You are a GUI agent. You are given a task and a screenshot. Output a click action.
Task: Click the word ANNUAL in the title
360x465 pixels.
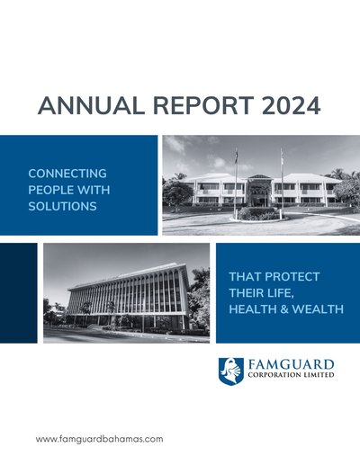coord(91,105)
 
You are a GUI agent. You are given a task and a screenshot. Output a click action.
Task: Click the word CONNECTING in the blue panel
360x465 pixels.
coord(67,174)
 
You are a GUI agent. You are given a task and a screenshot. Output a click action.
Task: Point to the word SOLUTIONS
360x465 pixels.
coord(62,206)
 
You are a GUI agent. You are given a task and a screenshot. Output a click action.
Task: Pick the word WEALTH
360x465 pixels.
coord(318,309)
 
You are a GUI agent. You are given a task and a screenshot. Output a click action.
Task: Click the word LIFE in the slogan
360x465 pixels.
coord(278,293)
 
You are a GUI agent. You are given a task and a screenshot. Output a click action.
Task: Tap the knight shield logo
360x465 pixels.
coord(231,371)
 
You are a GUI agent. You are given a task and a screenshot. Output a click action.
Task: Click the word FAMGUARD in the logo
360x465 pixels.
coord(291,365)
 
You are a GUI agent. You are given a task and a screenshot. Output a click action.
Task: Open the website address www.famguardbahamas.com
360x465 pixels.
coord(100,439)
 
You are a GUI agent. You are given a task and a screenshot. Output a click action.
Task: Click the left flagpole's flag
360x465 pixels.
coord(237,156)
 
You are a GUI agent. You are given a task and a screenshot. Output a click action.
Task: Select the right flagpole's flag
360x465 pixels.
coord(282,155)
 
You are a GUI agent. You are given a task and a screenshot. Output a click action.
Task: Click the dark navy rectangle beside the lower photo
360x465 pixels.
coord(19,293)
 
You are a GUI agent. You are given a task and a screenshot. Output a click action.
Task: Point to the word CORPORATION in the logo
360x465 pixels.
coord(274,375)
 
